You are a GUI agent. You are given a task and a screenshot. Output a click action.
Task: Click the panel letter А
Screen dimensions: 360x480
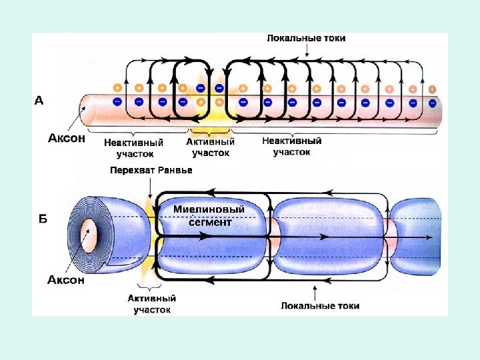pyautogui.click(x=39, y=101)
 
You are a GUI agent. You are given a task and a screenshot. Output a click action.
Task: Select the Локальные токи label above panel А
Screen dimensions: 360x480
pyautogui.click(x=306, y=38)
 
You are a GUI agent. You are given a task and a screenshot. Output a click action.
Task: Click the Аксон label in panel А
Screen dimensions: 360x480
pyautogui.click(x=66, y=139)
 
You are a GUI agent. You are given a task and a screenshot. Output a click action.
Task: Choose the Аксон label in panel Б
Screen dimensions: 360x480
pyautogui.click(x=66, y=280)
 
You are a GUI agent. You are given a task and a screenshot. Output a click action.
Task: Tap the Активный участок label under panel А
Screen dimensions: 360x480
pyautogui.click(x=211, y=147)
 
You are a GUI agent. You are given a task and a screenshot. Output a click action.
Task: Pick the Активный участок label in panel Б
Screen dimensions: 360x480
pyautogui.click(x=154, y=305)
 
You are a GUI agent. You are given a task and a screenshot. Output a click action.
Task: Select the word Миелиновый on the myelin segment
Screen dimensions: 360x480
pyautogui.click(x=209, y=209)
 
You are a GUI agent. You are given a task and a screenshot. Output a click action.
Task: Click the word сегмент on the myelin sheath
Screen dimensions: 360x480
pyautogui.click(x=209, y=222)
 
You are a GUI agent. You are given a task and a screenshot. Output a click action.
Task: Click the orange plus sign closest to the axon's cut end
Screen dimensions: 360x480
pyautogui.click(x=117, y=87)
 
